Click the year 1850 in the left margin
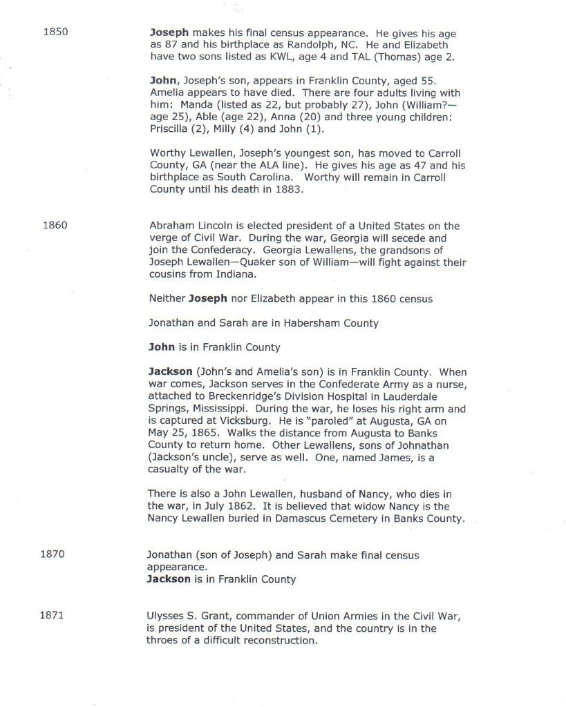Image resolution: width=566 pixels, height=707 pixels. pos(55,32)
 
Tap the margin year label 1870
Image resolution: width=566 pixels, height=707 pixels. pos(54,554)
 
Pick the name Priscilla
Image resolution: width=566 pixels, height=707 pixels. pos(170,128)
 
